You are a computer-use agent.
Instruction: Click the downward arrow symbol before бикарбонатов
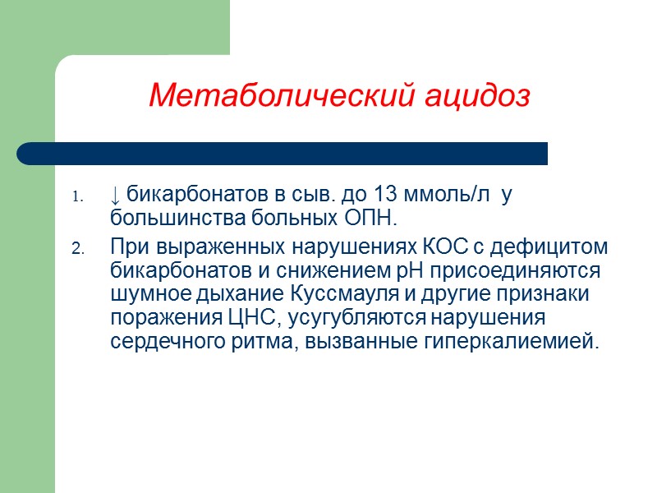(116, 197)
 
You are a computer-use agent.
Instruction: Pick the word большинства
(168, 219)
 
